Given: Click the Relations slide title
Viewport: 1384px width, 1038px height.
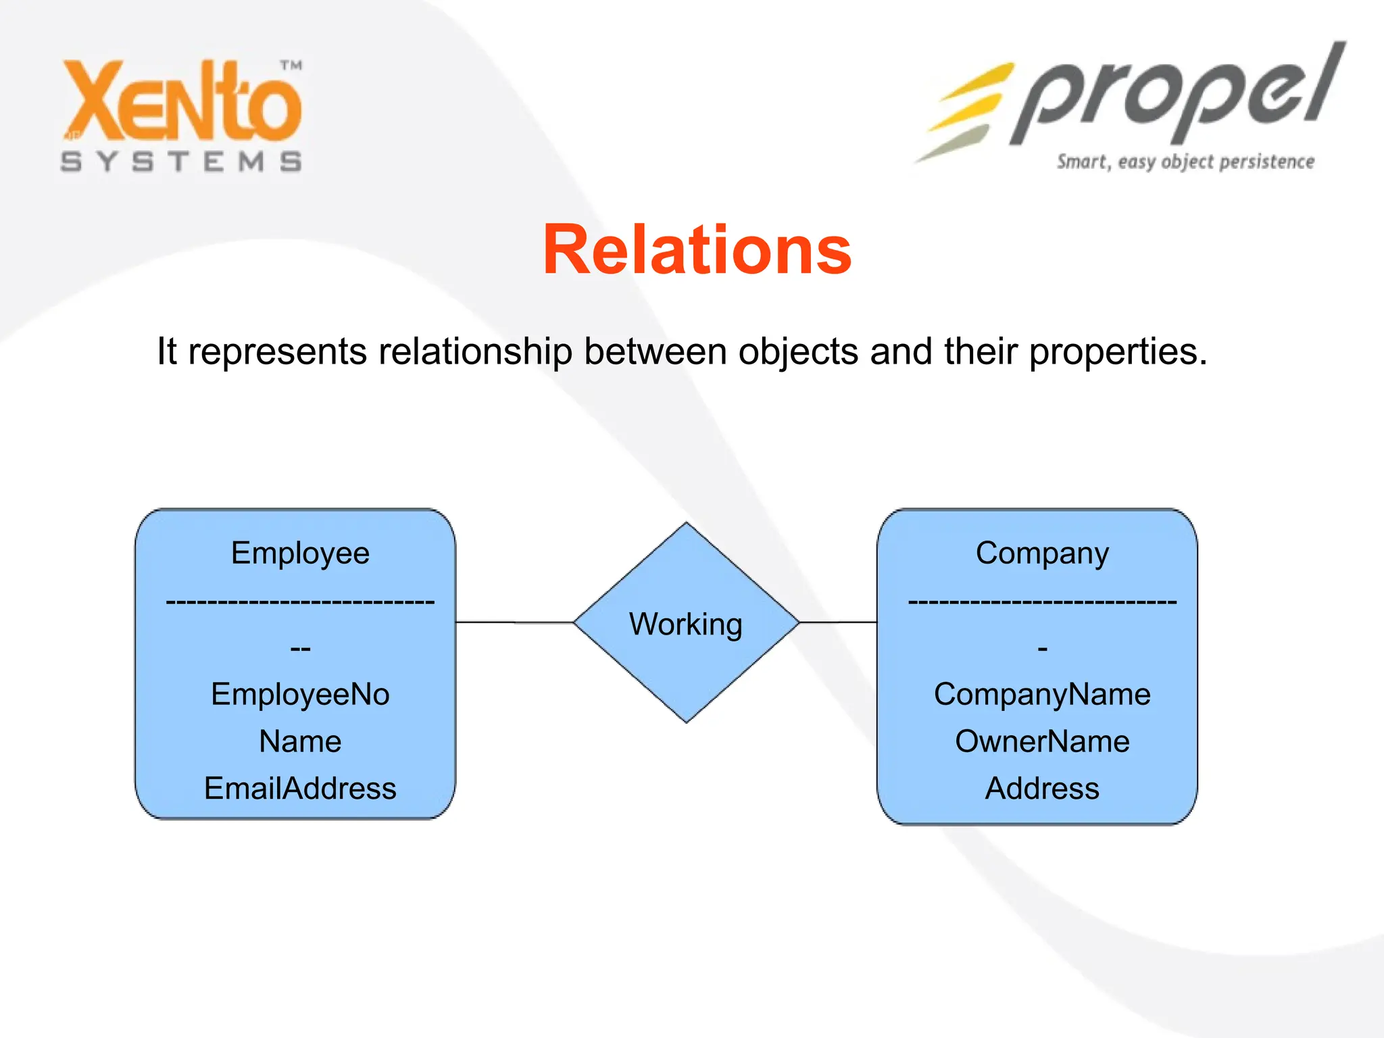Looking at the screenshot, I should coord(697,250).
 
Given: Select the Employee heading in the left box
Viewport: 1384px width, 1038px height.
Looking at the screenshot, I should coord(300,553).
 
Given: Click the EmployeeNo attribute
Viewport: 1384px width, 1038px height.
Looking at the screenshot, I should coord(300,694).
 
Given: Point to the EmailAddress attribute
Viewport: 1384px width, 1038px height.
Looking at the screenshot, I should coord(300,788).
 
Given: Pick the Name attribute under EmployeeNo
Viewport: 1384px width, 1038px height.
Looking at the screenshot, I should coord(300,741).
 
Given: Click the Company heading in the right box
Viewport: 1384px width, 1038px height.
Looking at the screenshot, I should coord(1042,553).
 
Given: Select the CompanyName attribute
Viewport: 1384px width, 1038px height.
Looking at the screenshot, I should coord(1042,694).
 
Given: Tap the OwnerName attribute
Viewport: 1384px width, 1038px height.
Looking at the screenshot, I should coord(1042,741).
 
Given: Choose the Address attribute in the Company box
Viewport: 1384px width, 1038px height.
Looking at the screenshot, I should coord(1042,788).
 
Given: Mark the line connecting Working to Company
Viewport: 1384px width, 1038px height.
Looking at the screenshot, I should coord(838,622).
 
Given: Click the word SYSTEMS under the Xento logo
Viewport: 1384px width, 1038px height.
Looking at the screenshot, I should coord(181,162).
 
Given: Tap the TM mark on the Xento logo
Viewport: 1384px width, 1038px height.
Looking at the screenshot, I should coord(291,66).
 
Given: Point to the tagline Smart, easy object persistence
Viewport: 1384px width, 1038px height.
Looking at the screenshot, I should coord(1185,162).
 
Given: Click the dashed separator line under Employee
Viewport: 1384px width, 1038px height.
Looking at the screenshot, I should coord(300,601).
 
